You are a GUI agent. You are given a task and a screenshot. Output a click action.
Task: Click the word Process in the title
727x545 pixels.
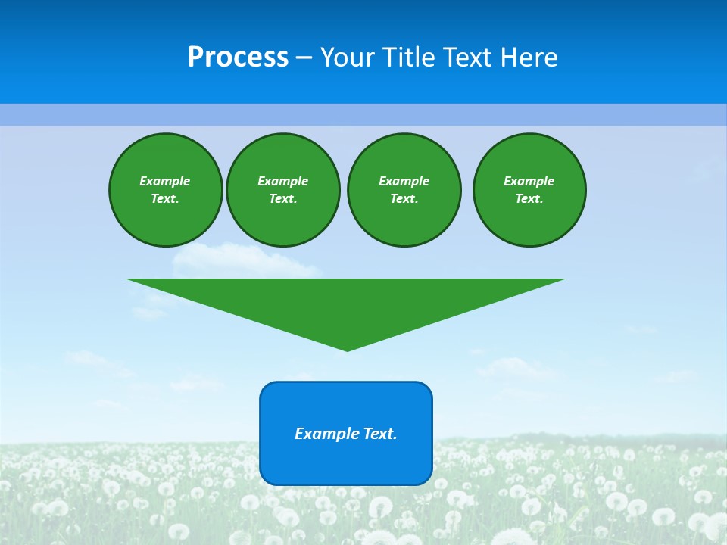pyautogui.click(x=238, y=58)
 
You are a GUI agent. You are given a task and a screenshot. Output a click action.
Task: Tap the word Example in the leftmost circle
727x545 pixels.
pyautogui.click(x=165, y=181)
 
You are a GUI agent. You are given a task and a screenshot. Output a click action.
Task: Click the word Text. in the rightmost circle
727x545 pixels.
pyautogui.click(x=529, y=199)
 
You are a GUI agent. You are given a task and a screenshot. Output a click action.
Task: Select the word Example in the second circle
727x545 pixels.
pyautogui.click(x=283, y=181)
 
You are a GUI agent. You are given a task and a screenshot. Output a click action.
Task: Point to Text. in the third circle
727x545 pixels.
pyautogui.click(x=404, y=199)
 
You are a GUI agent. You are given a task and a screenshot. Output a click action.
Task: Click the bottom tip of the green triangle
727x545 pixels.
pyautogui.click(x=347, y=349)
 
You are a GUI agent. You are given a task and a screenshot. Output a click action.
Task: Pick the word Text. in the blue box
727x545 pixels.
pyautogui.click(x=381, y=434)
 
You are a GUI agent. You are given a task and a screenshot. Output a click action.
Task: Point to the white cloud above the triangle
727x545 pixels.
pyautogui.click(x=242, y=261)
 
